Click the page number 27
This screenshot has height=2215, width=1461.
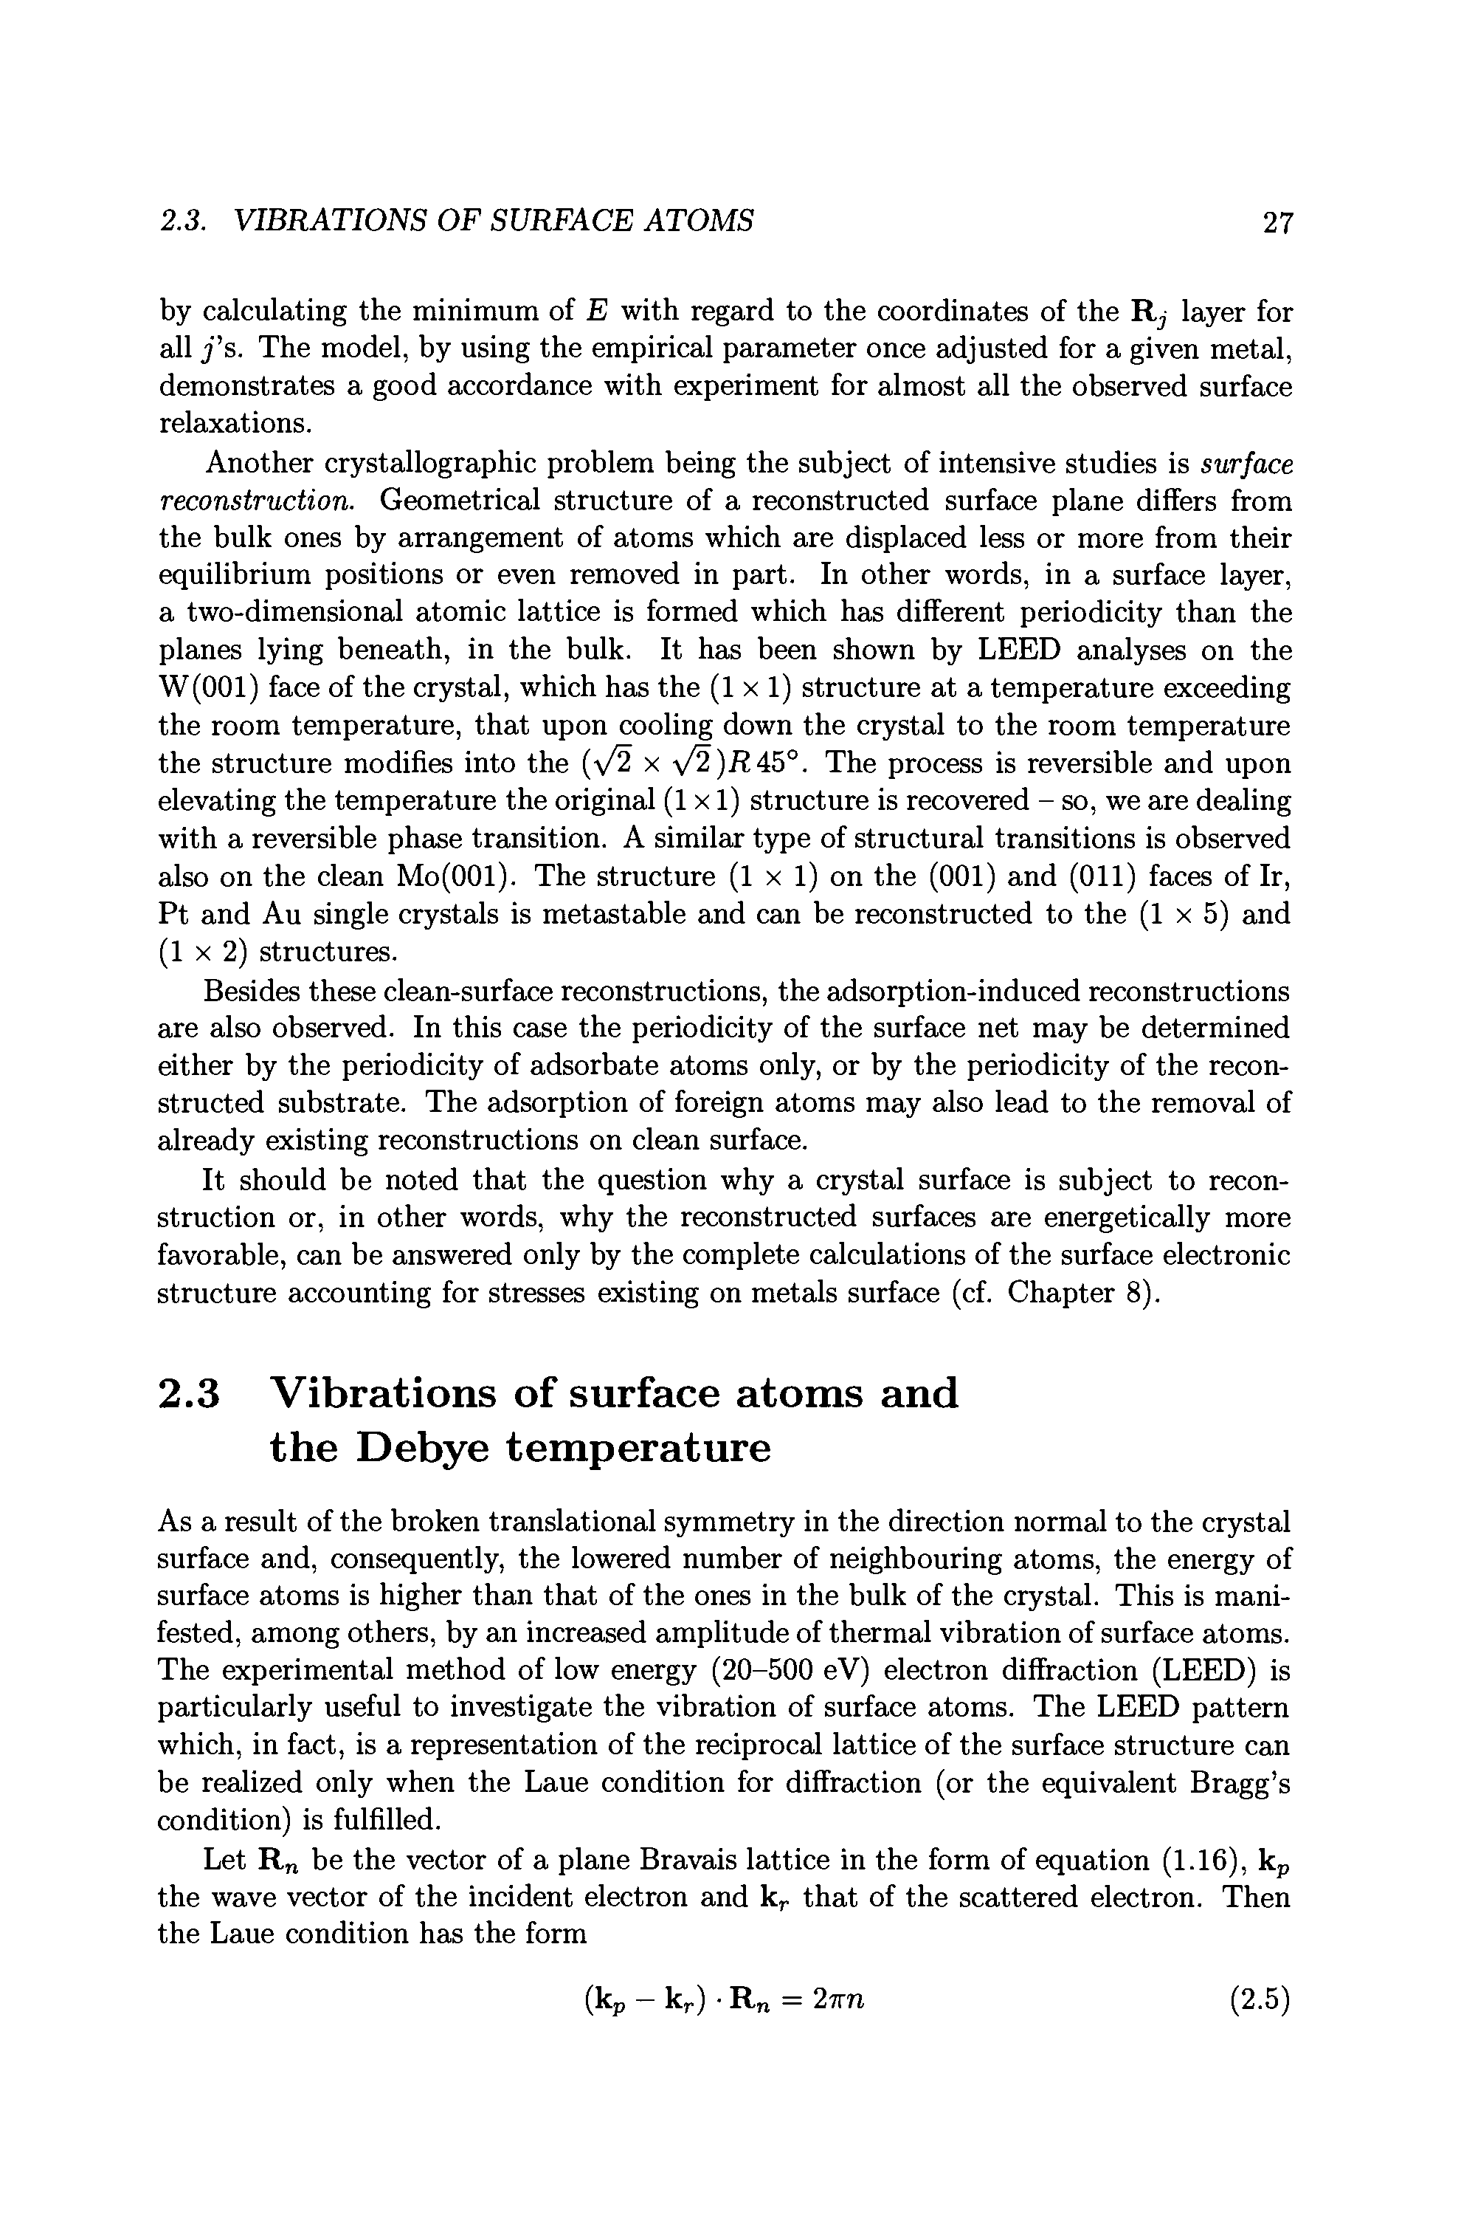pos(1277,223)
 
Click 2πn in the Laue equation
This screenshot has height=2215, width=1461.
pos(838,2001)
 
